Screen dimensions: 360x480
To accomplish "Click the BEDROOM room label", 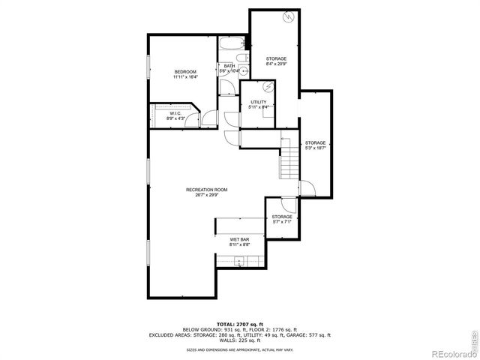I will point(185,71).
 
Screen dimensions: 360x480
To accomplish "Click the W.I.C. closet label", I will point(175,114).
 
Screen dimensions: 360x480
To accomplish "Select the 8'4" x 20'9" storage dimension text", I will point(276,64).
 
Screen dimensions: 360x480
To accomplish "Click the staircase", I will point(289,160).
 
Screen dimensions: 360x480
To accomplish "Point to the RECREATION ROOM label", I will point(207,190).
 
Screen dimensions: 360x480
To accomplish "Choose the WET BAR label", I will point(239,239).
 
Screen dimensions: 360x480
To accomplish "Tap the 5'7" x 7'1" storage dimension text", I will point(282,222).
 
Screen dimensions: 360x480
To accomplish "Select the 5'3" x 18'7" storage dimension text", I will point(315,148).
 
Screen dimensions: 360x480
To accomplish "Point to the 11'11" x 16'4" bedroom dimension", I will point(185,77).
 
